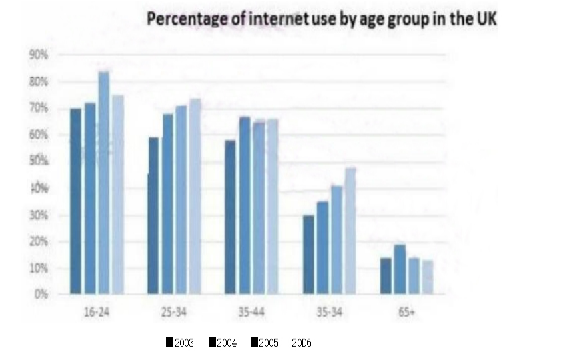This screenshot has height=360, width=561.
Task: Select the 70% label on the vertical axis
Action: point(41,108)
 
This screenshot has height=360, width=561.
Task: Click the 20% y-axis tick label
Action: point(41,242)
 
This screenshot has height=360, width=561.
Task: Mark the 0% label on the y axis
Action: point(43,294)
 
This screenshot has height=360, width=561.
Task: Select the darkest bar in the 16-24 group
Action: point(75,201)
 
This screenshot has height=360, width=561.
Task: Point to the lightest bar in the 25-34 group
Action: point(195,196)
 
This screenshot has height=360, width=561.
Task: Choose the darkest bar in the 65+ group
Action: point(386,275)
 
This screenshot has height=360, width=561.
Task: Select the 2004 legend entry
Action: point(222,343)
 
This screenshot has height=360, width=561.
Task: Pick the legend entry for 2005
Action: point(264,343)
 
